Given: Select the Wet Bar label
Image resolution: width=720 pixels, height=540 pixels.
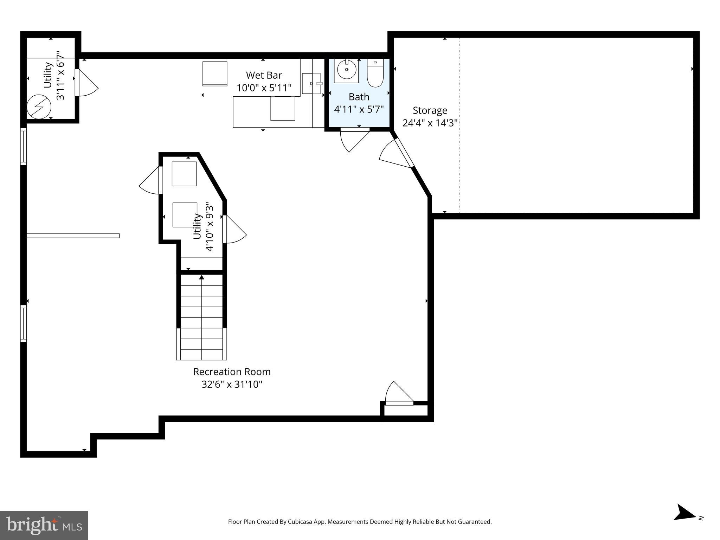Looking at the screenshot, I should tap(264, 75).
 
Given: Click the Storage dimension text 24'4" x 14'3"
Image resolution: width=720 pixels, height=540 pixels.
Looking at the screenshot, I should tap(430, 123).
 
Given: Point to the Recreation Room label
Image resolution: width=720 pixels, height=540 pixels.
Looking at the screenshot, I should tap(232, 372).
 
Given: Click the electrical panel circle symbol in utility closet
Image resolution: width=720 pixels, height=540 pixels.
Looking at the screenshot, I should tap(39, 107).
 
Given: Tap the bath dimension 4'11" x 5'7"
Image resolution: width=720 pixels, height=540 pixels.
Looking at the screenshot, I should tap(359, 109).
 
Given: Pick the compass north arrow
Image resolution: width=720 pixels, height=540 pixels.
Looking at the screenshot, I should tap(684, 522).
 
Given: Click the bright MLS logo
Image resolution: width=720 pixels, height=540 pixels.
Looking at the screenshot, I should tap(44, 525).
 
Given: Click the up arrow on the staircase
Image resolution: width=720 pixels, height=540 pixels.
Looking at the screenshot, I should tap(201, 277).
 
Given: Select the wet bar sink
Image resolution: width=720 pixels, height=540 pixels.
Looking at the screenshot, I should tap(311, 84).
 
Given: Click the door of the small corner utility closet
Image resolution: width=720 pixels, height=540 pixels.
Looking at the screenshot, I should tap(86, 83).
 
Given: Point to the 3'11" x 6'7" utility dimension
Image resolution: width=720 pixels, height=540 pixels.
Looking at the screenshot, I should tap(60, 76).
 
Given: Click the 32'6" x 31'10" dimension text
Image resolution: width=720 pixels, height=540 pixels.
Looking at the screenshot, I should tap(232, 384).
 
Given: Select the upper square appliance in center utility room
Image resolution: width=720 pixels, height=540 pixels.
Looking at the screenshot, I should tap(184, 174).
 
